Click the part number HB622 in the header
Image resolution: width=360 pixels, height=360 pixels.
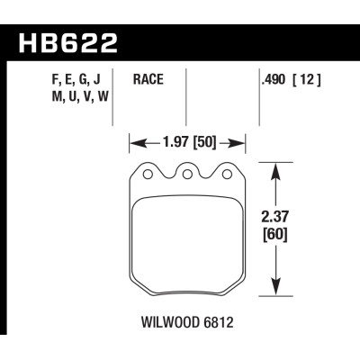(x=67, y=41)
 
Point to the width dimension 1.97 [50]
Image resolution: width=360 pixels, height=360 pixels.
(x=188, y=141)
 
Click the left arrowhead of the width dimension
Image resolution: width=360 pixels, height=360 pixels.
(x=135, y=141)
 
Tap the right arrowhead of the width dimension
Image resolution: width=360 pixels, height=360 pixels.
(x=241, y=141)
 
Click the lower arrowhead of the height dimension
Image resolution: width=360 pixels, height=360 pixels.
(x=274, y=289)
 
